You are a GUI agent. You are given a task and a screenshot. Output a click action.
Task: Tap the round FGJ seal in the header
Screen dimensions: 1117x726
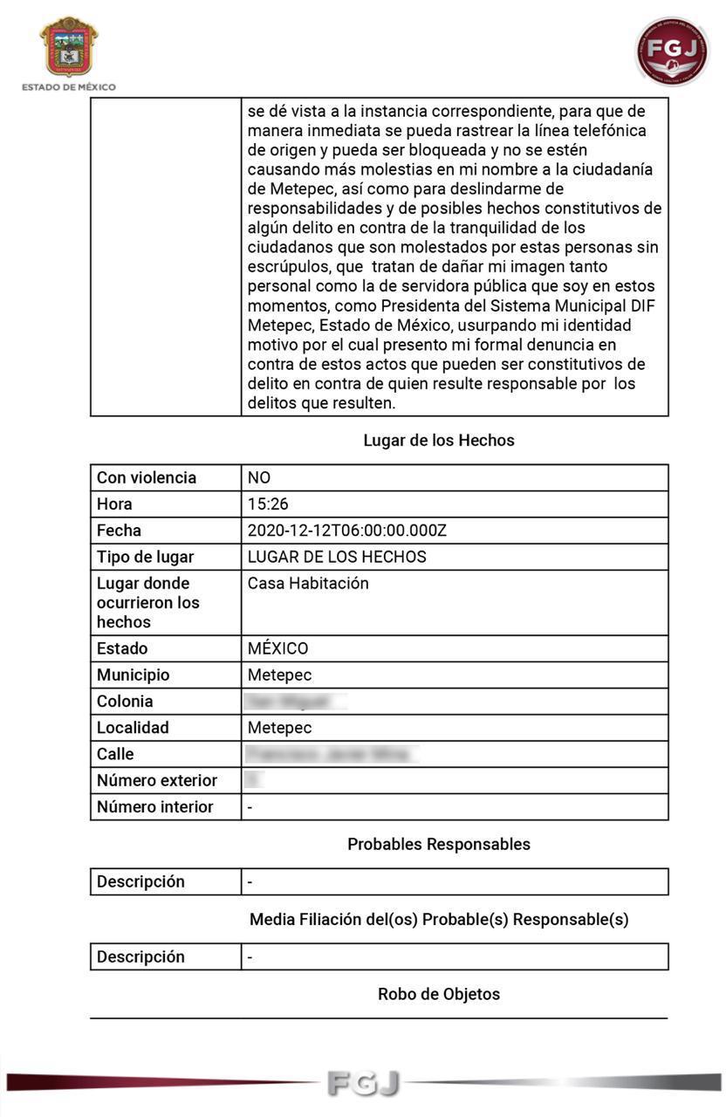click(671, 51)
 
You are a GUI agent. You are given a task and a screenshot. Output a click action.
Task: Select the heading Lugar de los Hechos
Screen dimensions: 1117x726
click(439, 441)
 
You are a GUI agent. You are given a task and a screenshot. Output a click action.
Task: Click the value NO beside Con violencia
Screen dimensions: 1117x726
click(259, 478)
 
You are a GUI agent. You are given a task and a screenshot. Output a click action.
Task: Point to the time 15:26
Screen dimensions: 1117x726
click(268, 504)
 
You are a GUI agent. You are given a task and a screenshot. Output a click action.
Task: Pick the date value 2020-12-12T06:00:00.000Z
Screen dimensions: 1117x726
click(346, 531)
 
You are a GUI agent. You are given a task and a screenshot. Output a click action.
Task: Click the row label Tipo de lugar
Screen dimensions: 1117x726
click(145, 557)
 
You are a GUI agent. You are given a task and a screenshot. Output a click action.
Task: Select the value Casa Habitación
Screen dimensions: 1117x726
click(308, 584)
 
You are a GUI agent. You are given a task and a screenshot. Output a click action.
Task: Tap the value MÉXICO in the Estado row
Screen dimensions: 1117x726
click(277, 649)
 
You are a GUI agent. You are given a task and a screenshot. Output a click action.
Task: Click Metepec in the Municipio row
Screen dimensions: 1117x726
click(279, 675)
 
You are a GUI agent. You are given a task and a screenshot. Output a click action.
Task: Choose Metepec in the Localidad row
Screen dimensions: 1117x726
click(279, 728)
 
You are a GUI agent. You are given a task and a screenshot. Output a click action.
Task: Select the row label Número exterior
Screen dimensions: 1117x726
click(157, 781)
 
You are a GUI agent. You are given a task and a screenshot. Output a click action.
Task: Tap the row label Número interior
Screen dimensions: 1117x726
click(154, 807)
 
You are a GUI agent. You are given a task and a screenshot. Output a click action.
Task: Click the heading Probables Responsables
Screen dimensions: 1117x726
click(439, 845)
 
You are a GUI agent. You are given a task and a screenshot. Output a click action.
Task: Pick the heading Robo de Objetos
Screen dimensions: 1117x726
click(439, 995)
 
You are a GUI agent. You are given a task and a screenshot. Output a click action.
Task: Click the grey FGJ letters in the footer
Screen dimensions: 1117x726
click(364, 1083)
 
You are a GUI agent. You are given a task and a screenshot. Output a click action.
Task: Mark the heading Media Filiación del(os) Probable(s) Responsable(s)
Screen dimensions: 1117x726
click(439, 920)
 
